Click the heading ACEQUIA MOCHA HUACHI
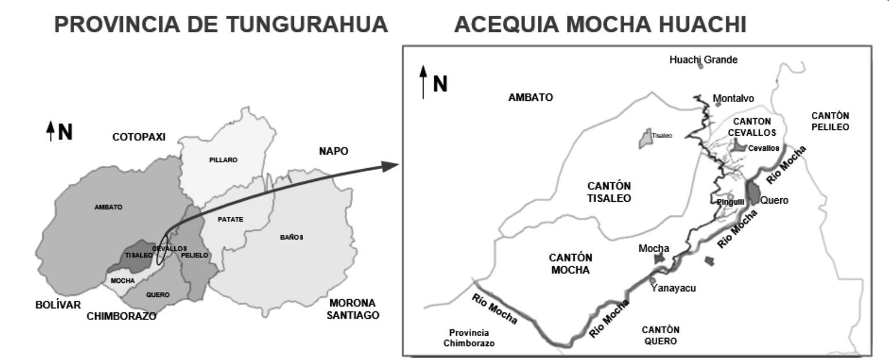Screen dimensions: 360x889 (600, 24)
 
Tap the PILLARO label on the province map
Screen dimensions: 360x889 (223, 160)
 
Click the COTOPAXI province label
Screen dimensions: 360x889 (139, 137)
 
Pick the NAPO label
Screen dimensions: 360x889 (334, 151)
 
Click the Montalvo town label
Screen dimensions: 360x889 (734, 98)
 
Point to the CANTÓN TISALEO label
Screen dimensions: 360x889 (609, 192)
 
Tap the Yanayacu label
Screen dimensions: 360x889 (672, 288)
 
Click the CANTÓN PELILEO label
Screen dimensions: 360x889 (830, 121)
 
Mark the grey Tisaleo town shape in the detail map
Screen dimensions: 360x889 (645, 139)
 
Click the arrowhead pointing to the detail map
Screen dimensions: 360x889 (389, 166)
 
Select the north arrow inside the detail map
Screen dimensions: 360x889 (424, 82)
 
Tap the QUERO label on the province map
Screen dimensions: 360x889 (158, 294)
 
